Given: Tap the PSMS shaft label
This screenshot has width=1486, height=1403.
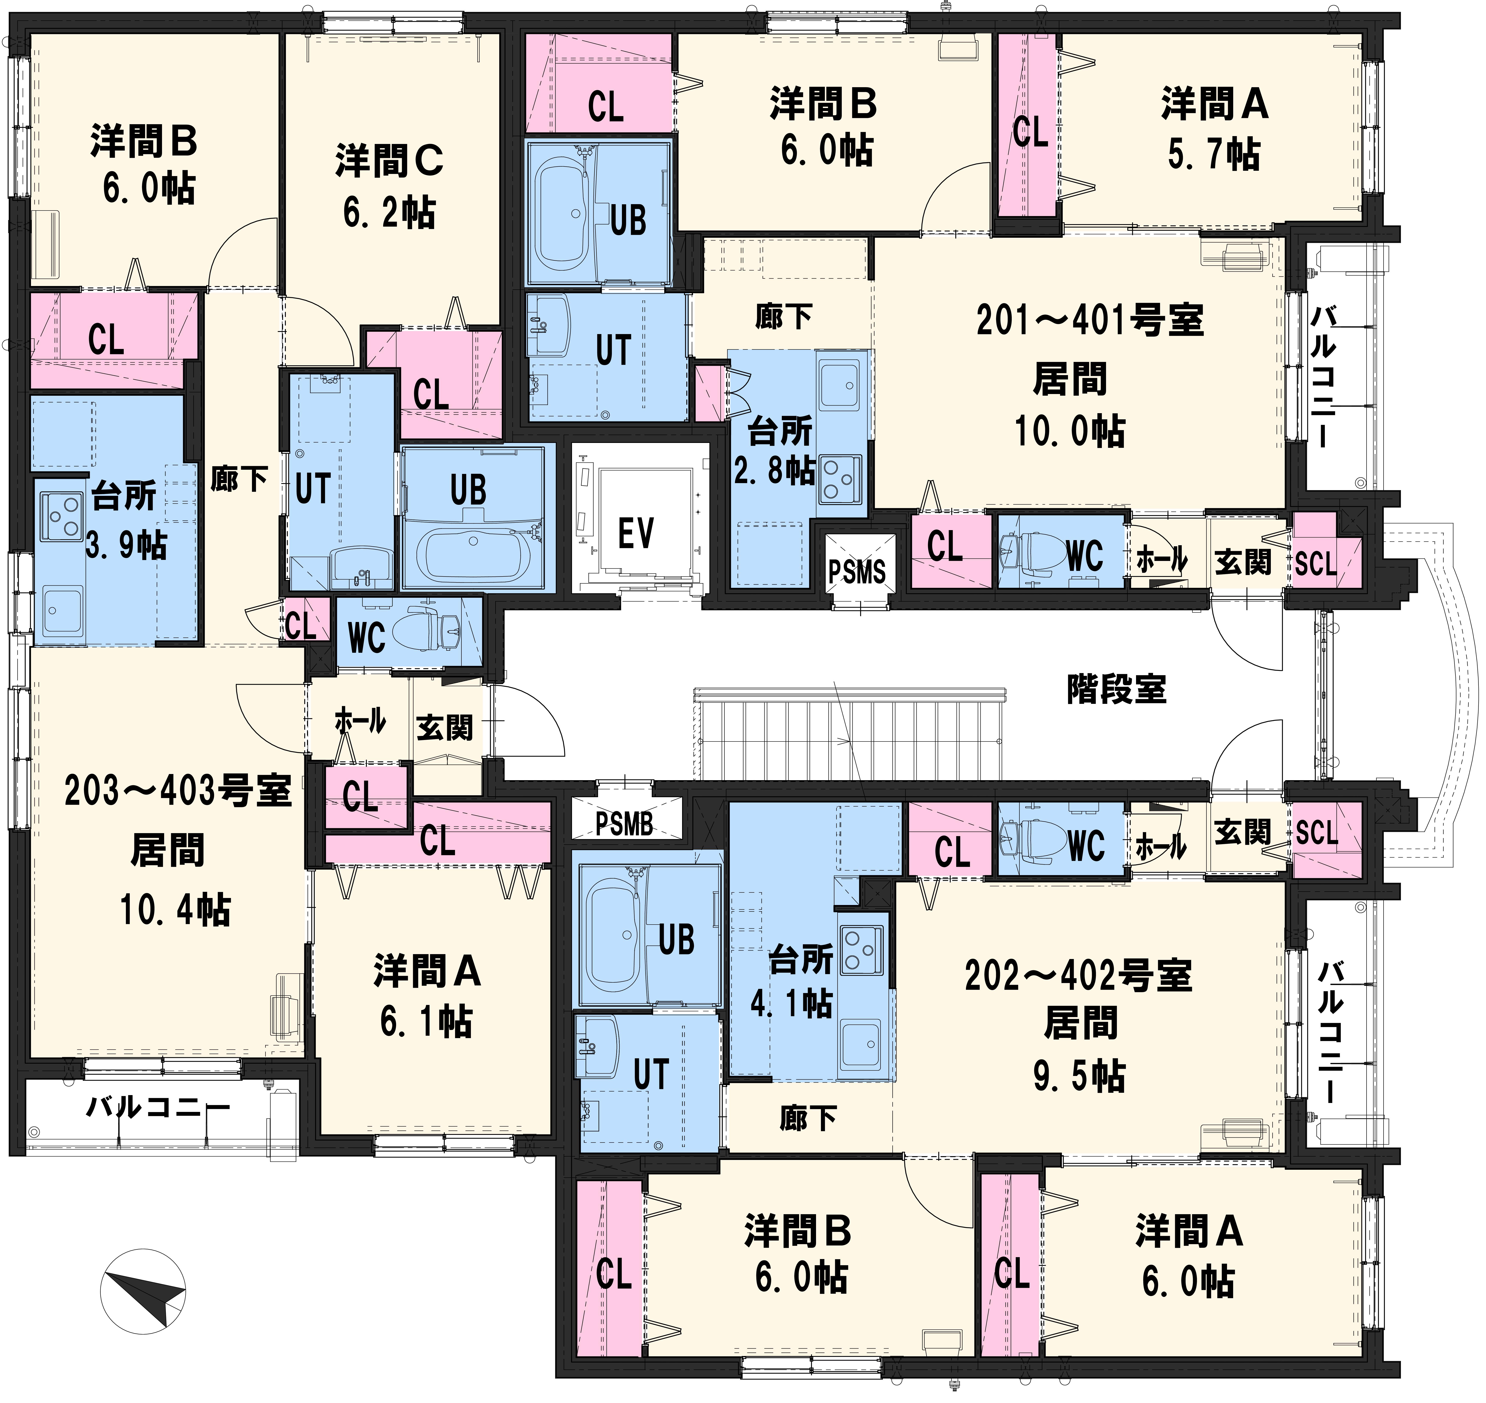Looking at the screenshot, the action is (857, 572).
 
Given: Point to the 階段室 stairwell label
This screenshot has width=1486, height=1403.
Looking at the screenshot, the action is (1116, 689).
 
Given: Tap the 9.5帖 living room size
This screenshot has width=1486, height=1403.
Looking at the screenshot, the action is (1079, 1076).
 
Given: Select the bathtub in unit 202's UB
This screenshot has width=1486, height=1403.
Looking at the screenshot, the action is (613, 935).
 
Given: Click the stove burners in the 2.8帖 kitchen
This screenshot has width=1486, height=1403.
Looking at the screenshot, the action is (841, 479).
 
